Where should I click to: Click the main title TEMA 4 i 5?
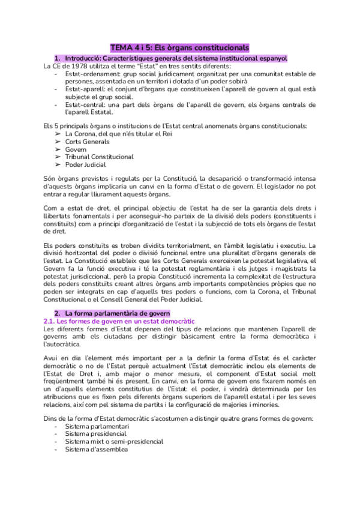[x=179, y=47]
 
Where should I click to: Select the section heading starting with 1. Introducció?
[x=170, y=58]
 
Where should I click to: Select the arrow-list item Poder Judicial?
[x=86, y=164]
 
